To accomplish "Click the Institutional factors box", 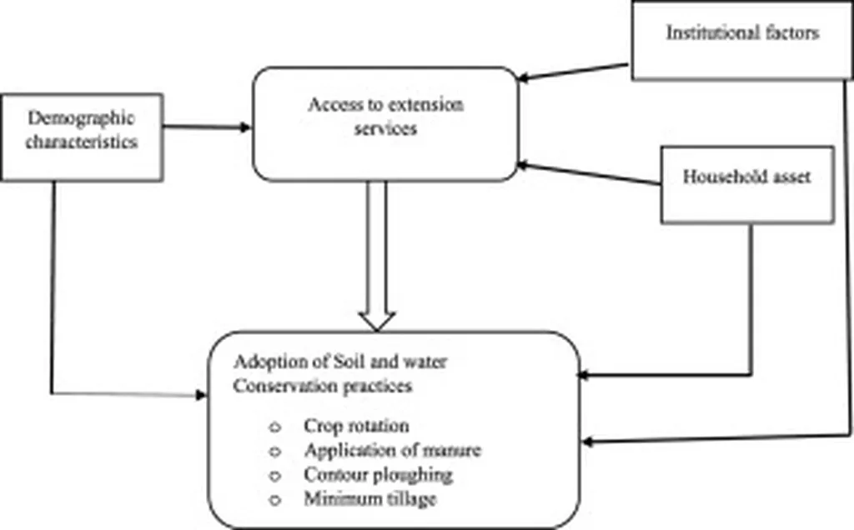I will (x=741, y=41).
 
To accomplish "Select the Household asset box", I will (x=746, y=185).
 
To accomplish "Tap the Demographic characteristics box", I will (x=81, y=137).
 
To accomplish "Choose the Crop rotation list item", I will (x=356, y=426).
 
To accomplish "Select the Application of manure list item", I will (x=392, y=451).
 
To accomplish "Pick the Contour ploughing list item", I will (x=378, y=474).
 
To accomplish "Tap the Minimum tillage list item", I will (x=369, y=498).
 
